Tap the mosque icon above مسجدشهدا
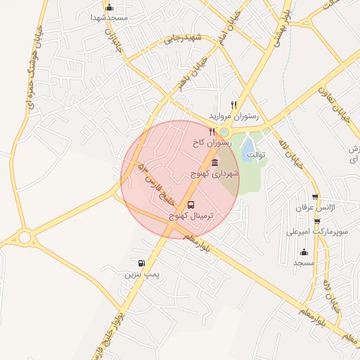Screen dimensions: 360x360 (x=108, y=8)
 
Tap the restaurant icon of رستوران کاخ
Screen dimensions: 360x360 (x=212, y=131)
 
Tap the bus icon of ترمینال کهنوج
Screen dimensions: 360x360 (x=192, y=206)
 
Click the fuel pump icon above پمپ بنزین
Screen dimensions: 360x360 (x=143, y=264)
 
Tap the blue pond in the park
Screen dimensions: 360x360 (x=247, y=148)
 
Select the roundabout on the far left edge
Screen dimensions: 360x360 (x=25, y=237)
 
